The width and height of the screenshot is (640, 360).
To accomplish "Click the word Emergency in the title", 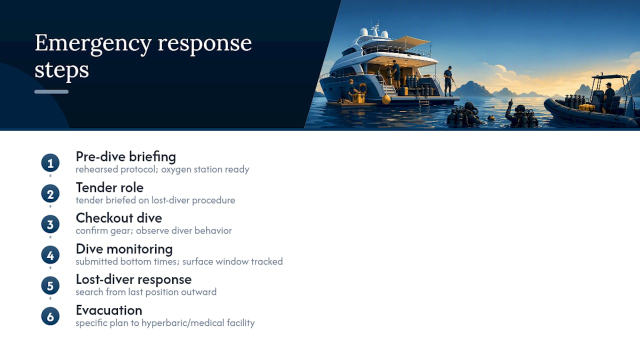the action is [93, 43].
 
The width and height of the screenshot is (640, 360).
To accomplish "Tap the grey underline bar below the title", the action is [51, 91].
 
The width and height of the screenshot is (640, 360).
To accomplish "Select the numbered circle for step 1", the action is [50, 163].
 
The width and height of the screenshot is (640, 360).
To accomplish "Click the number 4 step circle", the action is [50, 255].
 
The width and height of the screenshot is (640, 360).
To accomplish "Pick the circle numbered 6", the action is [50, 316].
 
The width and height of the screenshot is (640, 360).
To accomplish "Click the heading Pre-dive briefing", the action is [125, 156].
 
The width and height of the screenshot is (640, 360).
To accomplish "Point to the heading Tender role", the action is [109, 187].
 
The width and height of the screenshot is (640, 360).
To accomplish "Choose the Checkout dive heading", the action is [119, 218].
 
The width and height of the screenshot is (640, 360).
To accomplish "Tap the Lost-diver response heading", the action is [133, 279].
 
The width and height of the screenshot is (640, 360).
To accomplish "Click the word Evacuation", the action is [109, 310].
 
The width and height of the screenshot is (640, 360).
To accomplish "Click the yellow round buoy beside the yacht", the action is [386, 99].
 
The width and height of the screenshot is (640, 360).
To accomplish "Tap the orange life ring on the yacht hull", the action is [363, 87].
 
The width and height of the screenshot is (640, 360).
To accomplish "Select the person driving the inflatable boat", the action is [608, 97].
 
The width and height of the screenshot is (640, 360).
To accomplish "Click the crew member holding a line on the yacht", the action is [448, 81].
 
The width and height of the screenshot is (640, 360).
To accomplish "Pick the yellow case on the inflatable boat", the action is [586, 107].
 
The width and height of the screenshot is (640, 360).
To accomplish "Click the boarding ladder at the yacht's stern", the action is [424, 101].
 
